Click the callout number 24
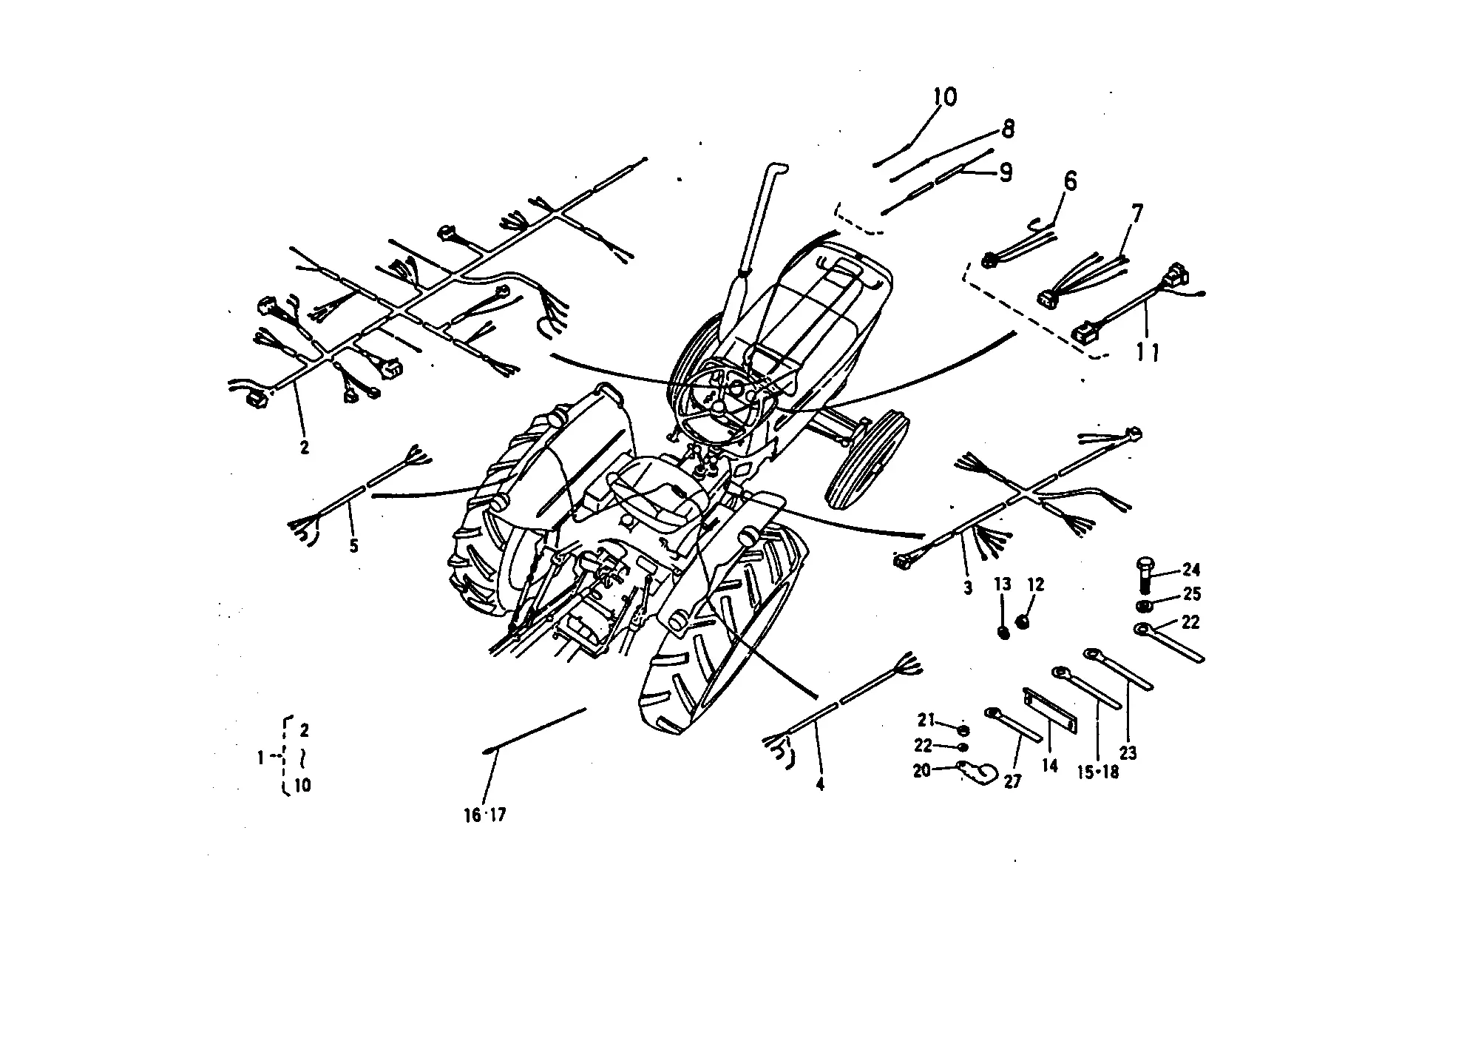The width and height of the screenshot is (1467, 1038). (1190, 570)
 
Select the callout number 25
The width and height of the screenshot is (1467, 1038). (1191, 594)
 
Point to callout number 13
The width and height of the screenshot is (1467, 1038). (1002, 584)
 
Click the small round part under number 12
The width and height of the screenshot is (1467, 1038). (1023, 621)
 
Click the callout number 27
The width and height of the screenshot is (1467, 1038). (1012, 781)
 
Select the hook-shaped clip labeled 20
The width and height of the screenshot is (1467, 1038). (978, 772)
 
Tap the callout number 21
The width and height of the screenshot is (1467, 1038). (926, 719)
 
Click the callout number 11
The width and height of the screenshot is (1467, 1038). (1147, 354)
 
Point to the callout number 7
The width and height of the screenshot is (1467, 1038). (1136, 214)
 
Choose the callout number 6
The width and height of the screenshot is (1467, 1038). (1070, 181)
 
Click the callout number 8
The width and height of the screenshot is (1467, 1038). (1008, 129)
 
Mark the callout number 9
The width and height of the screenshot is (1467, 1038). (1005, 172)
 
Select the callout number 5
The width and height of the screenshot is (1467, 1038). (354, 546)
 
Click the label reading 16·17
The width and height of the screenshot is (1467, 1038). (485, 815)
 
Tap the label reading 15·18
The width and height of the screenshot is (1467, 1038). (1098, 772)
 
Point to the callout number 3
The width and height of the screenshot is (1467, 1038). (968, 588)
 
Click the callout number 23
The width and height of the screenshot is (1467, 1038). (1128, 753)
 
